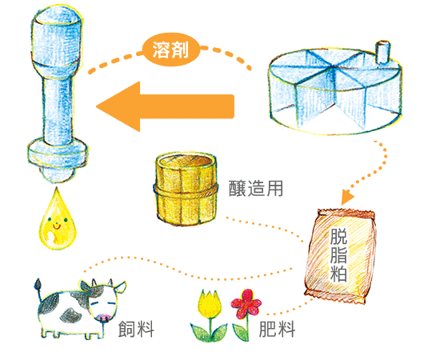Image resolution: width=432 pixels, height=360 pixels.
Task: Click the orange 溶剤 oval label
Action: [x=171, y=50]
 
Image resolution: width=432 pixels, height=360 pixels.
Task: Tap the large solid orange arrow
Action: [x=166, y=106]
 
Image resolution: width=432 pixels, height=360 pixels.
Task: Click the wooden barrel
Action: [x=186, y=189]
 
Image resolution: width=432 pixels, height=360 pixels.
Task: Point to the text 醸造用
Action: [x=256, y=189]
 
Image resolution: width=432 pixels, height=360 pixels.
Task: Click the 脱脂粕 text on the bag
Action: [x=338, y=254]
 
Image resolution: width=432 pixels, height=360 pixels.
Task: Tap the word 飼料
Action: [x=136, y=329]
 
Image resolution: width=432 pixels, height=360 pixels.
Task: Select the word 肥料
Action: [x=277, y=329]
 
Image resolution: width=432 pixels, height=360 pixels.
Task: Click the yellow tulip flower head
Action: [x=210, y=304]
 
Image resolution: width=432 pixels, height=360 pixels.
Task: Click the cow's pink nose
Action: [x=104, y=318]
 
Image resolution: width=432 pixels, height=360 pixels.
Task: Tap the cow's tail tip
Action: [x=38, y=284]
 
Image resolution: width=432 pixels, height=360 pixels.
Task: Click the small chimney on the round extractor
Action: [x=382, y=51]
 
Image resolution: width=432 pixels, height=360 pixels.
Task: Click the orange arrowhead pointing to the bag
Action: [x=347, y=197]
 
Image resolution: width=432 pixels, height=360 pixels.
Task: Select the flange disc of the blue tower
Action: [x=58, y=154]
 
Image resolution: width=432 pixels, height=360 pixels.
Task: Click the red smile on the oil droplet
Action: [x=57, y=227]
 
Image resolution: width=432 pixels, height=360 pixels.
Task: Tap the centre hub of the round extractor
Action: [x=334, y=68]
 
